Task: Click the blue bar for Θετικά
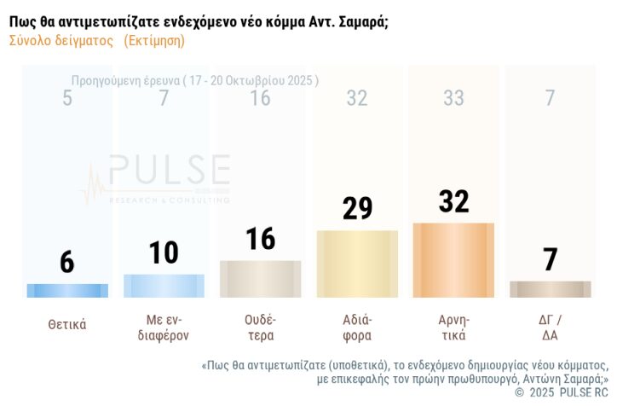[67, 290]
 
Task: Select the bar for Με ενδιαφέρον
[164, 286]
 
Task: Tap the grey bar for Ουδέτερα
[260, 279]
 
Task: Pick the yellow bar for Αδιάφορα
[357, 264]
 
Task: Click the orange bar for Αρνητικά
[453, 260]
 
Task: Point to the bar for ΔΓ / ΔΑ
[550, 289]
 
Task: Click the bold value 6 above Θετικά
[67, 262]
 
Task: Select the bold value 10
[164, 252]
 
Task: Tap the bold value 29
[357, 208]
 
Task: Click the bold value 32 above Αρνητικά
[453, 201]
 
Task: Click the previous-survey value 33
[453, 98]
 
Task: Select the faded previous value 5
[67, 98]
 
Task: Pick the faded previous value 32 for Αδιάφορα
[357, 98]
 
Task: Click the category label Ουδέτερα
[260, 328]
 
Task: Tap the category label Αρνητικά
[453, 328]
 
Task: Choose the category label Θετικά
[67, 324]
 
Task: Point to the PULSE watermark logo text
[169, 168]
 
